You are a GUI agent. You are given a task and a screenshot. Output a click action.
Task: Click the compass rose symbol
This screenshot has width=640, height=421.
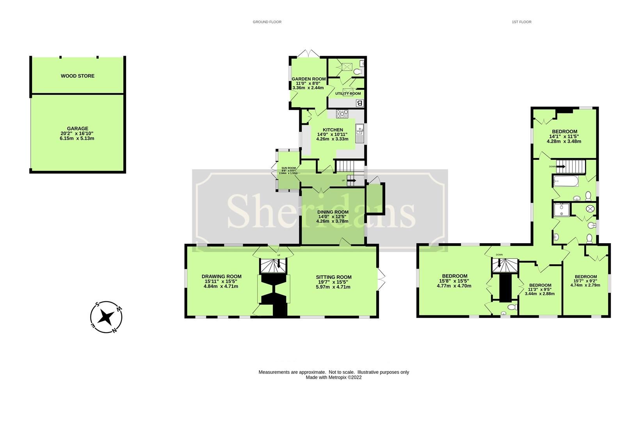tap(106, 317)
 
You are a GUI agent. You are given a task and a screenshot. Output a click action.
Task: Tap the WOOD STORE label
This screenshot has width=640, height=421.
tap(78, 76)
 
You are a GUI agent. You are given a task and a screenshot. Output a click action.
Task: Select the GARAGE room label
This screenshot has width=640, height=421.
tap(78, 129)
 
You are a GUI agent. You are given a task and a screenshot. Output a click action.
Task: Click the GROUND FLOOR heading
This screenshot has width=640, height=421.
tap(267, 22)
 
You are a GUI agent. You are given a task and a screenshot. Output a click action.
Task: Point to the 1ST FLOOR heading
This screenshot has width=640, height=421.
tap(521, 22)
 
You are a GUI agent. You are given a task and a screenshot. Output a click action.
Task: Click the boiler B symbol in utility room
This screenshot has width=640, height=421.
tap(359, 103)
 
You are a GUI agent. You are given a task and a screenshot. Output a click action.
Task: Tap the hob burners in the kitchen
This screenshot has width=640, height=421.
tap(342, 114)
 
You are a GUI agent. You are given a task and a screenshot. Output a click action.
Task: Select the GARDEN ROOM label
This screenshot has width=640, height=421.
tap(309, 79)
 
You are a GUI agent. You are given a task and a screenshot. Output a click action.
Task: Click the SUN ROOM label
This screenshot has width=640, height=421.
tap(289, 168)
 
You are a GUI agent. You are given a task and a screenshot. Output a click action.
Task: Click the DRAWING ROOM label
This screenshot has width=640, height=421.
tap(221, 276)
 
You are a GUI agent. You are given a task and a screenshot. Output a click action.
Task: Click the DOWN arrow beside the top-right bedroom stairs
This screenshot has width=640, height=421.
tap(560, 166)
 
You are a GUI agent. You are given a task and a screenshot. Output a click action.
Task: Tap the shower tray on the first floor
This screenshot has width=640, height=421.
tap(561, 210)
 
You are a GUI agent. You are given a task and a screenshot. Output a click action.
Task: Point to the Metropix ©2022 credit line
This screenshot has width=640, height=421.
tap(334, 377)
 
